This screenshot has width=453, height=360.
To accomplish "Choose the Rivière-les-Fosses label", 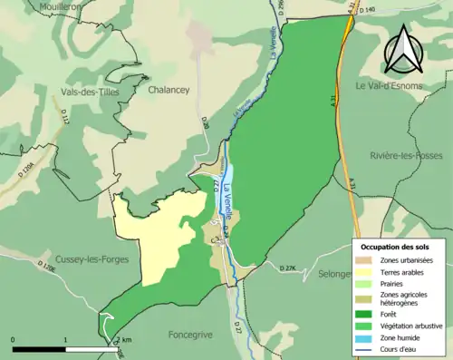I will [x=406, y=155].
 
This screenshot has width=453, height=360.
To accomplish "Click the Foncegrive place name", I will [x=190, y=335].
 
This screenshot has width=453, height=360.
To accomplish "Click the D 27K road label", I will [x=288, y=268].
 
